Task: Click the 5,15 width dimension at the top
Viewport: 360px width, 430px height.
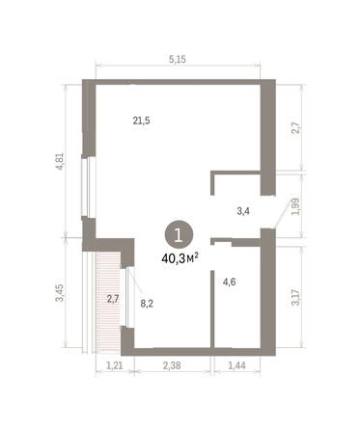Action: [x=178, y=60]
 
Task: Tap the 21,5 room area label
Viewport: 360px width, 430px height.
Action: [x=141, y=121]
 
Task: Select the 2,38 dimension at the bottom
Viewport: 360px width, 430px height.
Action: [x=171, y=365]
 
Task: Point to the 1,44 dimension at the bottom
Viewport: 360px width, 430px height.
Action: [x=235, y=365]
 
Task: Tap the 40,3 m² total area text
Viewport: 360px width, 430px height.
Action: [x=180, y=257]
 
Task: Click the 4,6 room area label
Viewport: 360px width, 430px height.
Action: [x=230, y=282]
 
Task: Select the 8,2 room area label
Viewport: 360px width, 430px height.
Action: [x=148, y=303]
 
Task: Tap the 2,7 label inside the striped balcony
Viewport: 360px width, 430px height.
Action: [x=113, y=299]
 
